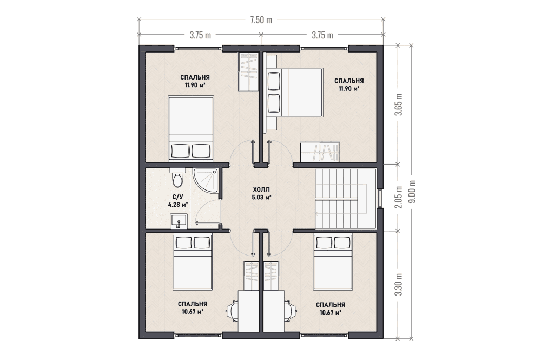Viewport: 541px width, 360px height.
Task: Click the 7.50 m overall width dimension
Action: click(261, 20)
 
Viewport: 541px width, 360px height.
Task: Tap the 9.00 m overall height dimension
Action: click(413, 192)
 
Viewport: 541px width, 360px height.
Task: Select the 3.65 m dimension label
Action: click(399, 104)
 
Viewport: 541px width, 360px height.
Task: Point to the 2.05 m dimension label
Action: click(399, 198)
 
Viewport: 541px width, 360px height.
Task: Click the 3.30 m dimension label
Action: click(399, 284)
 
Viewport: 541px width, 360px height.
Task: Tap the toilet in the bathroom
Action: click(177, 178)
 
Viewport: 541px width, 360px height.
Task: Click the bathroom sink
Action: click(179, 221)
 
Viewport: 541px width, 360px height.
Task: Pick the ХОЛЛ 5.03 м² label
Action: click(261, 194)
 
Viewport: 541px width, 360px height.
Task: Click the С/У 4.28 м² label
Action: click(177, 200)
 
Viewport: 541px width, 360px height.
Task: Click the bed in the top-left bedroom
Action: click(191, 128)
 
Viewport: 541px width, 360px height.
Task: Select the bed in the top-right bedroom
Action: click(294, 92)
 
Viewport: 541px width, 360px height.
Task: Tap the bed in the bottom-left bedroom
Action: click(192, 262)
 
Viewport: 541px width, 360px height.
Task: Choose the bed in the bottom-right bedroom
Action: click(333, 262)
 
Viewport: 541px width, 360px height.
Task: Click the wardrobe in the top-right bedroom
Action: click(320, 151)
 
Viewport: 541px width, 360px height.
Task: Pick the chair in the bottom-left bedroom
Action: click(232, 311)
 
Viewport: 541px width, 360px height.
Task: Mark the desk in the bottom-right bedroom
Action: click(274, 311)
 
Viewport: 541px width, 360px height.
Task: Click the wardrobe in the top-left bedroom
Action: click(248, 72)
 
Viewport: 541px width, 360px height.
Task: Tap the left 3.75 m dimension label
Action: click(200, 35)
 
